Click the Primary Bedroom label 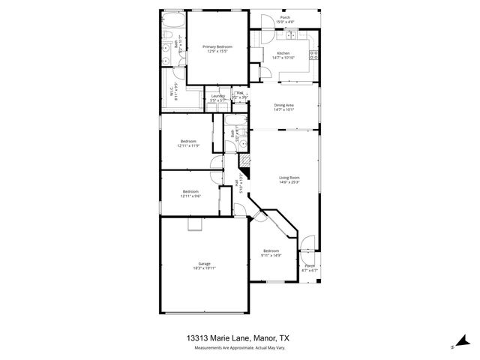pos(217,46)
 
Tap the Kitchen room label pos(283,53)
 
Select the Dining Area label pos(283,105)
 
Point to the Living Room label pos(289,178)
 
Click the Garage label pos(204,263)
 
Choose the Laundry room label pos(218,96)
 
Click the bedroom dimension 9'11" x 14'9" pos(271,255)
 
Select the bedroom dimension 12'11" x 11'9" pos(187,145)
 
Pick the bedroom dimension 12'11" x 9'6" pos(191,196)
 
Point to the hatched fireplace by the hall pos(244,160)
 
